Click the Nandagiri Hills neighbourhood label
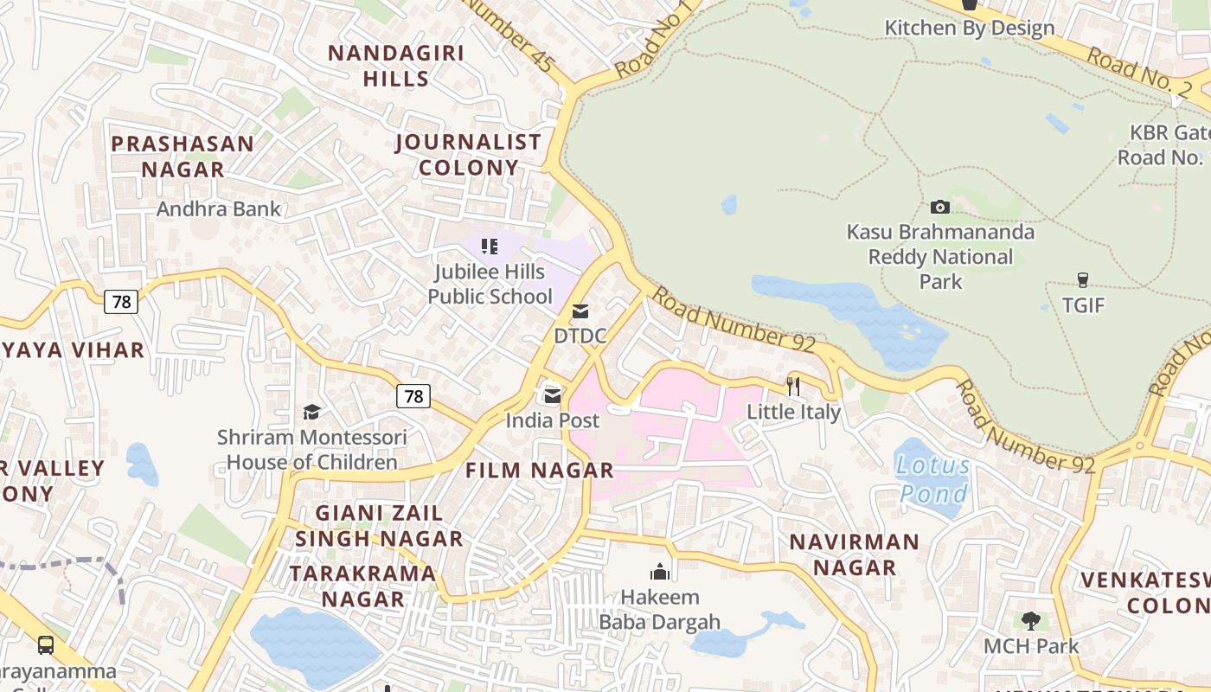[x=396, y=66]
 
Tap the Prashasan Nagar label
[x=183, y=156]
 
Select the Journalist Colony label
[x=469, y=154]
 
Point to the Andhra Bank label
[x=219, y=208]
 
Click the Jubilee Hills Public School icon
[x=490, y=247]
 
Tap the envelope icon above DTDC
[x=580, y=311]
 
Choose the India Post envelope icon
[x=552, y=395]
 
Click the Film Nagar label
[x=540, y=471]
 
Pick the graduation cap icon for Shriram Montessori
[x=311, y=412]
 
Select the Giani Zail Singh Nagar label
[x=380, y=525]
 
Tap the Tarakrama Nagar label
[x=363, y=586]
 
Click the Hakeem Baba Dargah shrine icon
[x=660, y=571]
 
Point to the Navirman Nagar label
[x=855, y=554]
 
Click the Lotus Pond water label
[x=933, y=479]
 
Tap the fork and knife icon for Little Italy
[x=793, y=386]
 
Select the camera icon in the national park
[x=940, y=207]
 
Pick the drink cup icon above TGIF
[x=1082, y=279]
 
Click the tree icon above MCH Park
[x=1030, y=620]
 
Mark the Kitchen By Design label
[x=969, y=28]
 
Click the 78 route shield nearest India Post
[x=413, y=396]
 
